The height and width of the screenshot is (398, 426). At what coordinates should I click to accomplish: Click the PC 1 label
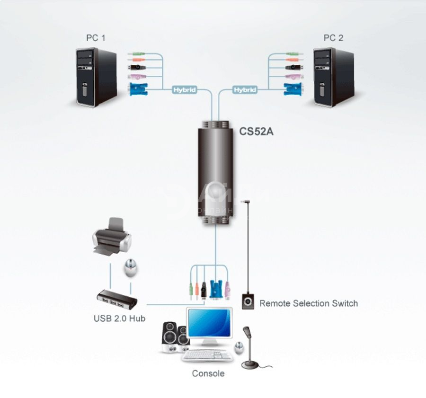95,38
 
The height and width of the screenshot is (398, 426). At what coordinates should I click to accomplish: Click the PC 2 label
333,38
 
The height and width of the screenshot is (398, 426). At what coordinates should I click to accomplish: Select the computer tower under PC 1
96,77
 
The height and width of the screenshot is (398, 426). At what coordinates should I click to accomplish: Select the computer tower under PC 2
334,77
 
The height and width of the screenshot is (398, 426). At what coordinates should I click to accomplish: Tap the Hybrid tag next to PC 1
184,89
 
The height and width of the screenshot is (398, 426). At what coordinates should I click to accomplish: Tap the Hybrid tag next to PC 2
245,89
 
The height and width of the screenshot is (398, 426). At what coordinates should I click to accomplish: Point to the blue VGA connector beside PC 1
137,88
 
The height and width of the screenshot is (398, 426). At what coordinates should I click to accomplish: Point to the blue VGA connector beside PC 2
292,88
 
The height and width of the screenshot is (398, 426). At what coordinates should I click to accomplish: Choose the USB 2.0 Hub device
117,299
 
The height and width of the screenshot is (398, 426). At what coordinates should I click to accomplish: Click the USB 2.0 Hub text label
119,318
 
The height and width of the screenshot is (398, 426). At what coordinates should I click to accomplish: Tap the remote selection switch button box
248,301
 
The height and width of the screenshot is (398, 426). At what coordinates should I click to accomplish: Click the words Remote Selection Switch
308,303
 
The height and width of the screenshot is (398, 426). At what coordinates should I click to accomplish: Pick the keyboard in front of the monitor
207,355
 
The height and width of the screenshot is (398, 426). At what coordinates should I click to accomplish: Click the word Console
208,373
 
